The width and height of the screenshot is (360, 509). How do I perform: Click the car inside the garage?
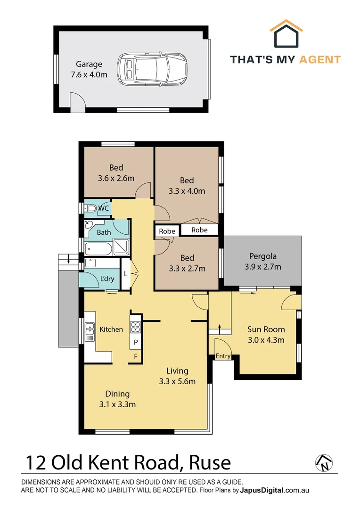[x=152, y=70]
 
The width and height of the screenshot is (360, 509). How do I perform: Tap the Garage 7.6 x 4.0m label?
[x=89, y=69]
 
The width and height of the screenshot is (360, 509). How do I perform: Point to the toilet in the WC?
[x=90, y=208]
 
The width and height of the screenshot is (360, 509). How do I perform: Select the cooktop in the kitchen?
[x=136, y=326]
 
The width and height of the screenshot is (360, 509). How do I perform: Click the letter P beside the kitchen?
[x=136, y=342]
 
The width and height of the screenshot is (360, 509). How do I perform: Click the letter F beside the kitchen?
[x=136, y=356]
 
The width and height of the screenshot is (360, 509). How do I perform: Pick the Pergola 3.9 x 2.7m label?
[x=262, y=262]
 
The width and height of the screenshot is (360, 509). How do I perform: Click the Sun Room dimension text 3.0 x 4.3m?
[x=266, y=340]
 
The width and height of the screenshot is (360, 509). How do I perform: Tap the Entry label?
[x=223, y=356]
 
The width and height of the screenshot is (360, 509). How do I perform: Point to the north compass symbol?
[x=324, y=463]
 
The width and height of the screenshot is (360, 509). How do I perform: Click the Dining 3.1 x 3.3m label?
[x=117, y=399]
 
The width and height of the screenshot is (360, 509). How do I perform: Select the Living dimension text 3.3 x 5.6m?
[x=177, y=382]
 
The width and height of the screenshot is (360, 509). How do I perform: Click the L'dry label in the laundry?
[x=107, y=279]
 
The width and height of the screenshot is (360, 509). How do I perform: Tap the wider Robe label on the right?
[x=199, y=230]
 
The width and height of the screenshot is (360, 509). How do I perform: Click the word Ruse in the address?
[x=210, y=463]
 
